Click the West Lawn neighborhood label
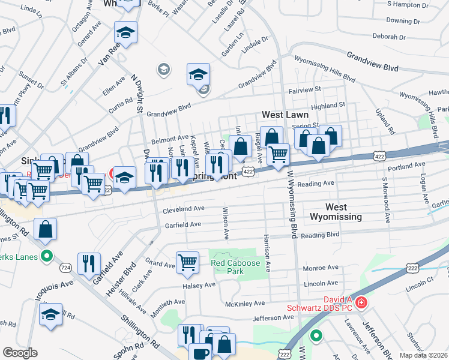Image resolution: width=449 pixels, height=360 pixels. [x=285, y=114]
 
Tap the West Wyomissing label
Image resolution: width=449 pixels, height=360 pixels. [x=335, y=211]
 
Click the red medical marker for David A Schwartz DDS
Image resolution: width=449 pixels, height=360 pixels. [x=361, y=302]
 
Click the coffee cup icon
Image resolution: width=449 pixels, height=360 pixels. [x=200, y=353]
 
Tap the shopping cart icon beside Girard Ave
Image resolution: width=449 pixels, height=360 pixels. [x=187, y=262]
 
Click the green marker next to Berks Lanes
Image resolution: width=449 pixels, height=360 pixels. [x=47, y=257]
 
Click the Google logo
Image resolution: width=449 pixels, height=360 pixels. [x=20, y=353]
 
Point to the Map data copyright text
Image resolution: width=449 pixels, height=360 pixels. [x=424, y=355]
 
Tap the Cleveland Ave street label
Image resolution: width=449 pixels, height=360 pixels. [x=184, y=209]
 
